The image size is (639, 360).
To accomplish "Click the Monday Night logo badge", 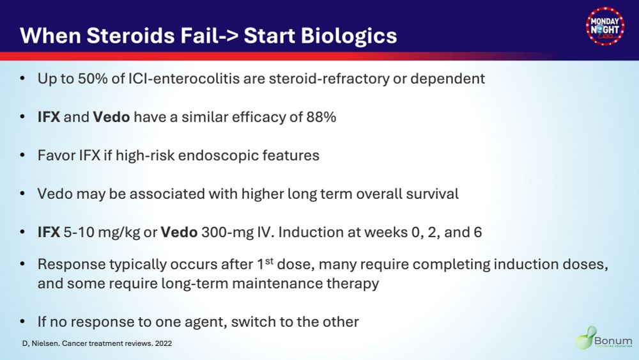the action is (605, 26).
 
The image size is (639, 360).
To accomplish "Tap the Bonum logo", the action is (604, 338).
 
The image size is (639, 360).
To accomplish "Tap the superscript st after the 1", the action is (269, 260).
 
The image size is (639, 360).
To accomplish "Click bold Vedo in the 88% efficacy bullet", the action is (111, 117).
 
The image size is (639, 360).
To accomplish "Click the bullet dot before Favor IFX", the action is (22, 155).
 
